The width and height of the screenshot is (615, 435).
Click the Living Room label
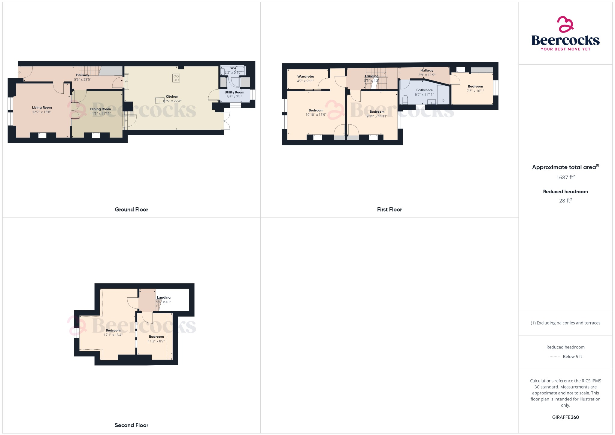(42, 108)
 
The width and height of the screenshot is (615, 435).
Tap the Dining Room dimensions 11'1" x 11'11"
(100, 114)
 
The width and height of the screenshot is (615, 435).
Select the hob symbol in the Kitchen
(176, 78)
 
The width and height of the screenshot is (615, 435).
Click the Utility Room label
(234, 92)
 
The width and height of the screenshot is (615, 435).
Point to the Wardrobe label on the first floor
(305, 77)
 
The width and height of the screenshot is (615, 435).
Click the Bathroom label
(424, 90)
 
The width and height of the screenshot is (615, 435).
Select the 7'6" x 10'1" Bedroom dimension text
(475, 91)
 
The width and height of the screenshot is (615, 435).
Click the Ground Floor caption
(131, 209)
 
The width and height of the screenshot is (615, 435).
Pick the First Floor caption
(389, 209)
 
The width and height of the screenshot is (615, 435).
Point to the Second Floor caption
(131, 425)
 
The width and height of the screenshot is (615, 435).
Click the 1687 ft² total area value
(565, 178)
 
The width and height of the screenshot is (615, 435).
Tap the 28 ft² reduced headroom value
(565, 201)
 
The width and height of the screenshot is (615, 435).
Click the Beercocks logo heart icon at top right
(565, 24)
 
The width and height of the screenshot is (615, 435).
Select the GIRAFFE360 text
(565, 417)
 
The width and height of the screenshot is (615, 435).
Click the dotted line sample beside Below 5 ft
(554, 357)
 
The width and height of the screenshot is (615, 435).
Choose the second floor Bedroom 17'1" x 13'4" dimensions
(113, 335)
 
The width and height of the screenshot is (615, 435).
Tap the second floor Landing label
(164, 297)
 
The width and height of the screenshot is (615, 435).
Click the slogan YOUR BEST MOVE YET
(565, 49)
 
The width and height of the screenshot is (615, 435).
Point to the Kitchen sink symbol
(160, 100)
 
